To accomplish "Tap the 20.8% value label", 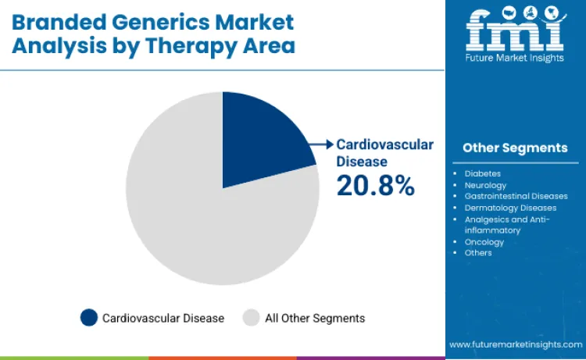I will pos(375,185).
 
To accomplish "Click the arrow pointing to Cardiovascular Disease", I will pos(320,144).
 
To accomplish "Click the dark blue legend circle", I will pos(89,318).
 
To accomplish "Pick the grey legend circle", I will pos(251,318).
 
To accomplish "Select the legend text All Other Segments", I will pos(315,318).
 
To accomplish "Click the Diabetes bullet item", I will pos(483,173).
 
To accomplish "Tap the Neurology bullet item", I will pos(485,185).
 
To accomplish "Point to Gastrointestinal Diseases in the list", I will pos(516,196).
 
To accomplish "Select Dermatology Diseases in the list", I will pos(510,208).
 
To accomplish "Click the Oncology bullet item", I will pos(484,242).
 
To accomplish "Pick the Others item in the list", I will pos(478,253).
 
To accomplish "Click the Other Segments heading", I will pos(515,148).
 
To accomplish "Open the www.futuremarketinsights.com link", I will pos(515,344).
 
